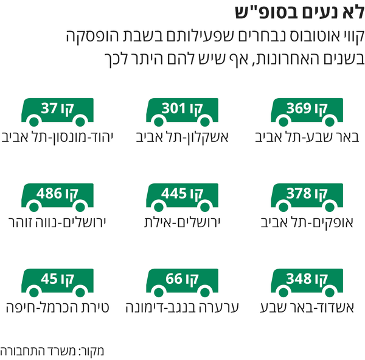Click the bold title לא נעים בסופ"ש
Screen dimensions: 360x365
301,13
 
